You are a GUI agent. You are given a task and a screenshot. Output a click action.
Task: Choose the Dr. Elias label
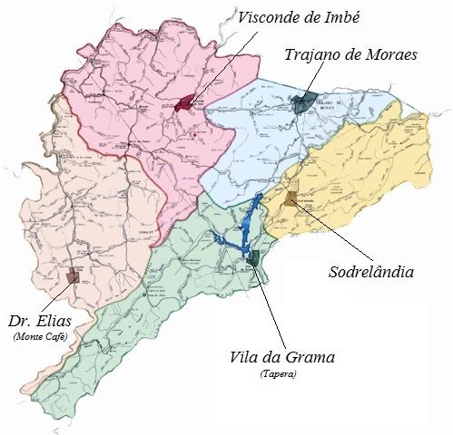40,322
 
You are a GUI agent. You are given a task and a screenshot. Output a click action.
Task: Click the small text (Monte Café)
41,337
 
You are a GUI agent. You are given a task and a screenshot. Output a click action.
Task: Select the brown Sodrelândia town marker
291,199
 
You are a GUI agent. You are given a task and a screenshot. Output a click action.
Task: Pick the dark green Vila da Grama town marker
254,259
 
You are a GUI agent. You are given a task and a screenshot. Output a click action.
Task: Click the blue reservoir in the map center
243,228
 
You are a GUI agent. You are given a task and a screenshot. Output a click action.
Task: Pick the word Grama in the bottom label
314,356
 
